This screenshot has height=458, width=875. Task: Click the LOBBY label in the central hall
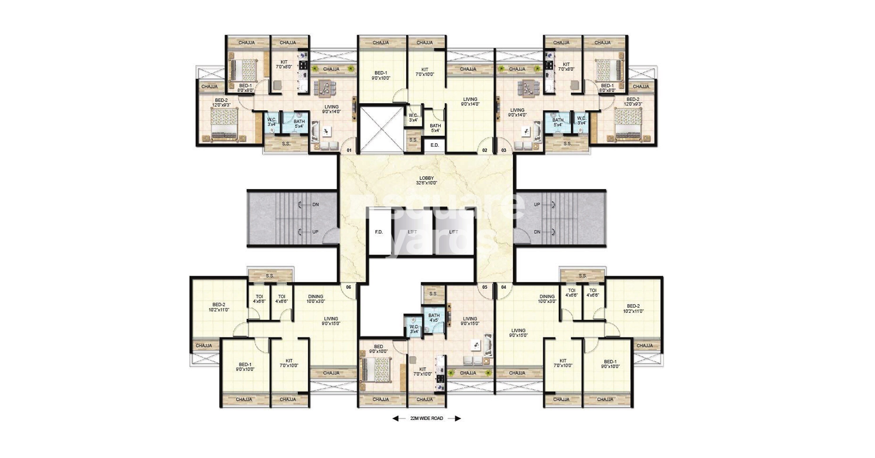pos(426,178)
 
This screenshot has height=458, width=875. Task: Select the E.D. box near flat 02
pos(435,145)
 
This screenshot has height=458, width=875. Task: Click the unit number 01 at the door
pos(349,150)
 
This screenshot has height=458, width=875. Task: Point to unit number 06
pos(349,287)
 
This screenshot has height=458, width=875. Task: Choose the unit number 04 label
pos(503,287)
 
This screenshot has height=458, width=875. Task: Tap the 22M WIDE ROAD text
pos(427,418)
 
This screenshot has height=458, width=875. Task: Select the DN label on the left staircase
pos(316,204)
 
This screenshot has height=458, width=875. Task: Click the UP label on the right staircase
pos(537,204)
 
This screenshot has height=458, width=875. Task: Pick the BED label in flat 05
pos(378,347)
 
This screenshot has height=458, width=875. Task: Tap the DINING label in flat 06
pos(316,296)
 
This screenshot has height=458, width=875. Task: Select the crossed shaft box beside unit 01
pos(381,129)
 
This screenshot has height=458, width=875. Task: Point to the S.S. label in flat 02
pos(413,140)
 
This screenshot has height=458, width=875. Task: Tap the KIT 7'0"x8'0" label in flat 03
pos(566,66)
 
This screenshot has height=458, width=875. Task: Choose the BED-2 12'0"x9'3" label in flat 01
pos(221,103)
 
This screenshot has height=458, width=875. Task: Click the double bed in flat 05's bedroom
pos(376,370)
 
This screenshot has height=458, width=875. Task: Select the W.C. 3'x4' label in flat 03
pos(582,120)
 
